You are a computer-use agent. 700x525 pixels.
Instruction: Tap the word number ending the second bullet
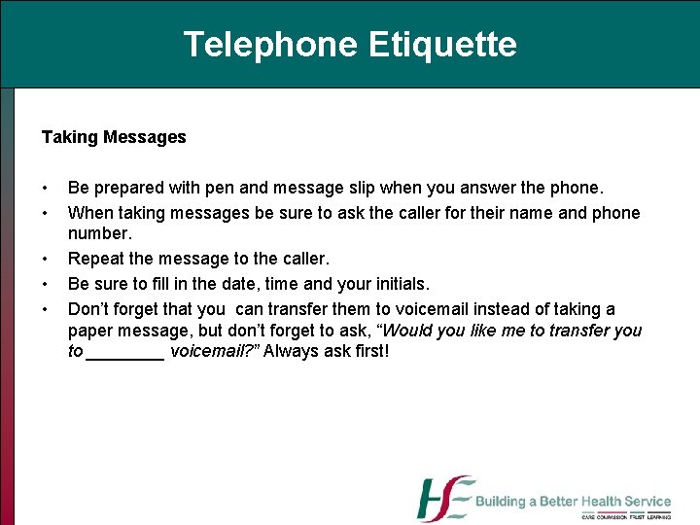coord(99,234)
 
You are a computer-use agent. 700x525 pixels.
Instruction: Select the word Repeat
coord(94,260)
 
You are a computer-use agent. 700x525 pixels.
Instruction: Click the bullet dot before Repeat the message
coord(45,260)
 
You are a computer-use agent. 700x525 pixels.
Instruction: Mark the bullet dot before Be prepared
coord(45,188)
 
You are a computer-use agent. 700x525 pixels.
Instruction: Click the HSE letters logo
coord(444,498)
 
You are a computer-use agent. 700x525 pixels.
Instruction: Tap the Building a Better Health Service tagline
coord(573,502)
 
